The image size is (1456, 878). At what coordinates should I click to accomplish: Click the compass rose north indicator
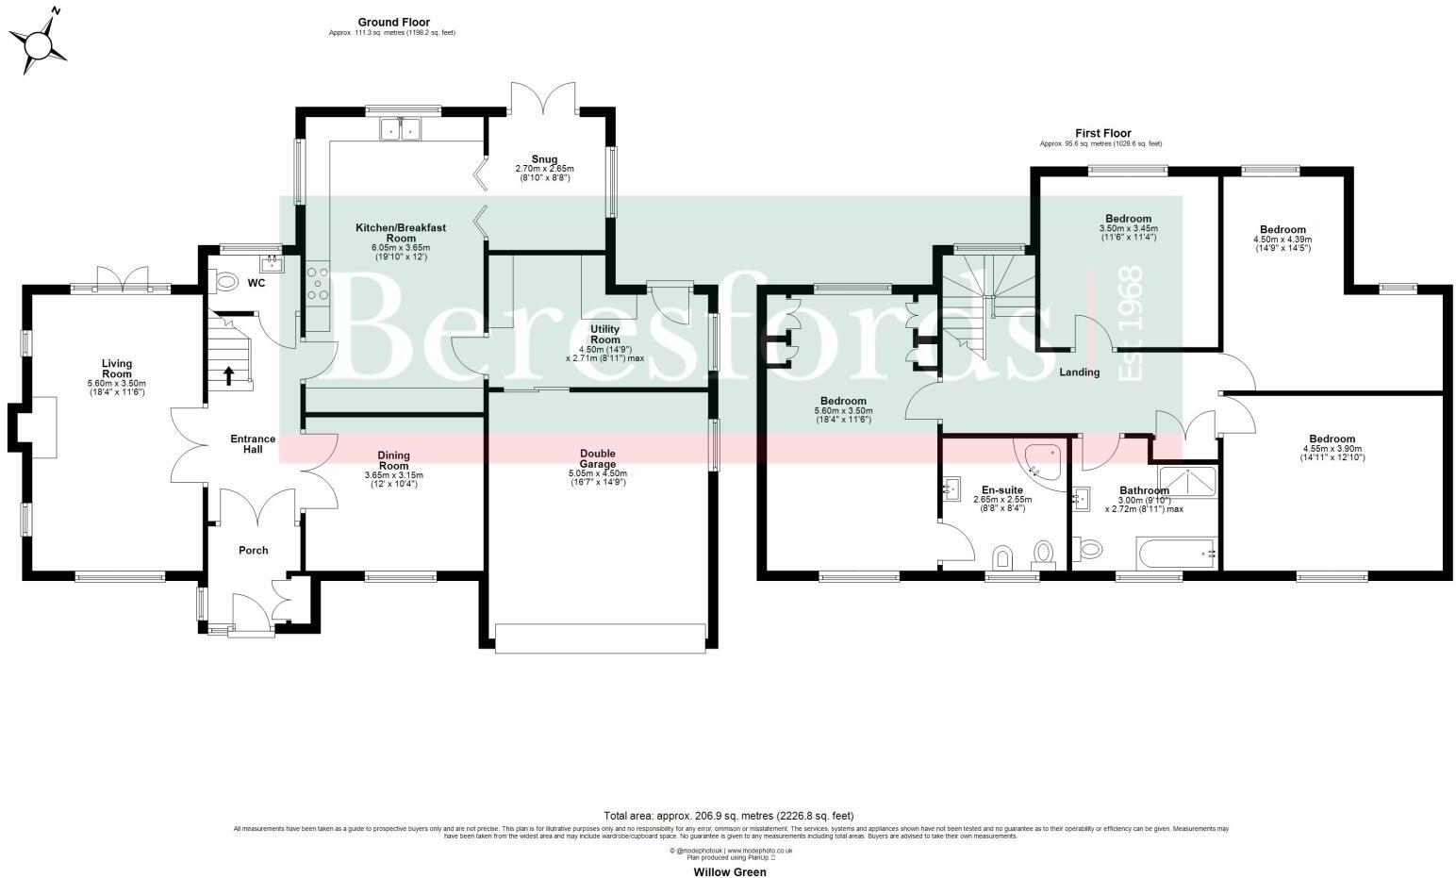(39, 41)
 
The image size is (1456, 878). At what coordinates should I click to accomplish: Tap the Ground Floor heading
(393, 22)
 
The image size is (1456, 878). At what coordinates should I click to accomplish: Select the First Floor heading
(1102, 133)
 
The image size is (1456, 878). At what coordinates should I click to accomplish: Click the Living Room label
(117, 369)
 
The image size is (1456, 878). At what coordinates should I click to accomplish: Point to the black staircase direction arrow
(228, 375)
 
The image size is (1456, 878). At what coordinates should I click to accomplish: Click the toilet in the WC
(227, 281)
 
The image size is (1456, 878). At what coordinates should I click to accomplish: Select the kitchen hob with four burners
(316, 284)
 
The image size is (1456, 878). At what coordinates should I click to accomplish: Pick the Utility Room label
(604, 335)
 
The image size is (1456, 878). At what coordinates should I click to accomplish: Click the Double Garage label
(598, 458)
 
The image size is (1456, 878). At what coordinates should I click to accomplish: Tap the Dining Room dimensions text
(393, 479)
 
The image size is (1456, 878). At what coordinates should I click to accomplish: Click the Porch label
(253, 550)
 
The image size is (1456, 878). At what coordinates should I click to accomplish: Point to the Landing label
(1079, 373)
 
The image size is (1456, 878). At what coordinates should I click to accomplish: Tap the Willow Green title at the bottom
(730, 871)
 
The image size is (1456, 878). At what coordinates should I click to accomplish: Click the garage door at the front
(600, 638)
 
